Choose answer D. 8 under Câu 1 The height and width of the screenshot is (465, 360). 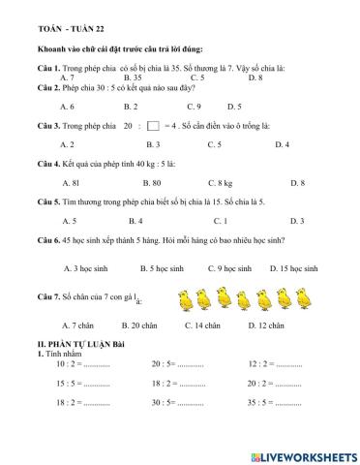(x=255, y=77)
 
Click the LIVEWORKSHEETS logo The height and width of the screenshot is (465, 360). (x=304, y=453)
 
